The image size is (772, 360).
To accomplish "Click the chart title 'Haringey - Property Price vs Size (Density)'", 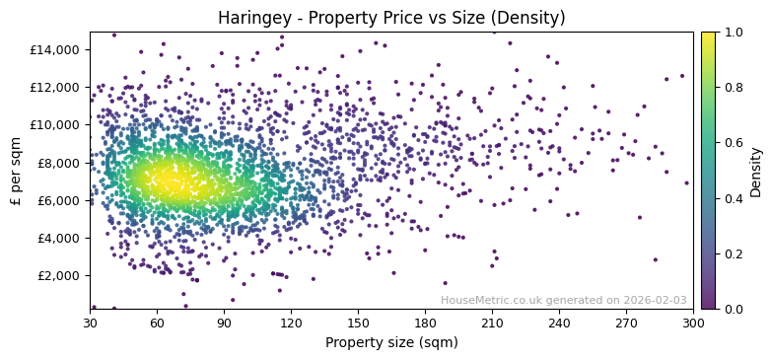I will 391,18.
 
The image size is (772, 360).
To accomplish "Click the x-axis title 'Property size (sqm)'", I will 391,342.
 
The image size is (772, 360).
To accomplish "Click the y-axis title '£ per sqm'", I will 17,171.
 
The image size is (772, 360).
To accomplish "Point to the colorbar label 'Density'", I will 756,171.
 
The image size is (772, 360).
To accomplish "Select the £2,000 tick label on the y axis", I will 61,275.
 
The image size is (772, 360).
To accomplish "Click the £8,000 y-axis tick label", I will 61,163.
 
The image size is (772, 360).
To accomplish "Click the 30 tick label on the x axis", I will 90,323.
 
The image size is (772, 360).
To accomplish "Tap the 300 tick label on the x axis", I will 693,323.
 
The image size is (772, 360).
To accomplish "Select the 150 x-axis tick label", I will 358,323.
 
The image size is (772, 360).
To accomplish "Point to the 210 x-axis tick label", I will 492,323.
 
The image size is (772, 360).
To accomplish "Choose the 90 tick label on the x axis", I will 224,323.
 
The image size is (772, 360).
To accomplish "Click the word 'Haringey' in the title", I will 250,18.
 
